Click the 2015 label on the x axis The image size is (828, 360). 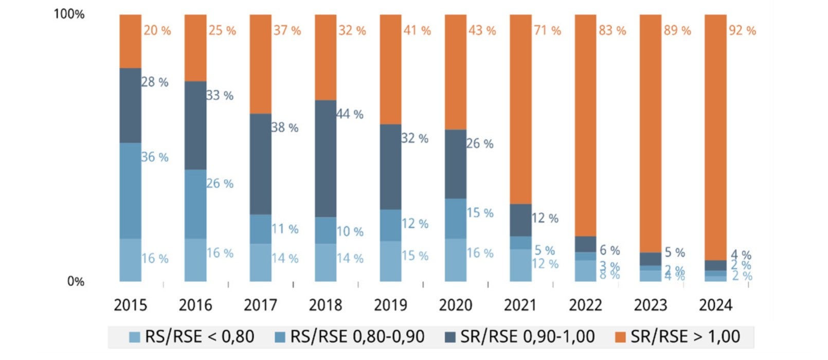(x=130, y=305)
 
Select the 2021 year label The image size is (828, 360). (x=520, y=305)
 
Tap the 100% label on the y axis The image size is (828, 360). (x=69, y=14)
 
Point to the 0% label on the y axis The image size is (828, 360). (x=76, y=281)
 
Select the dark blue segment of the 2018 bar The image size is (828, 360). (x=326, y=158)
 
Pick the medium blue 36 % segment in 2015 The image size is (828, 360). (x=130, y=190)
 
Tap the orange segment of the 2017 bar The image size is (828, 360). (x=260, y=64)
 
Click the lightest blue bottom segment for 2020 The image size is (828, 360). (x=456, y=260)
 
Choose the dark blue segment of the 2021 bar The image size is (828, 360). (x=520, y=220)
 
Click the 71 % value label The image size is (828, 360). (x=547, y=31)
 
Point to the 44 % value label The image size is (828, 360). (x=350, y=114)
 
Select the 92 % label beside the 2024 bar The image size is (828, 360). (x=742, y=31)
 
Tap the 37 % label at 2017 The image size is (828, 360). (x=287, y=31)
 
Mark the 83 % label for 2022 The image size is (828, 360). (x=612, y=31)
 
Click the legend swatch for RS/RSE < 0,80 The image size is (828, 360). (x=135, y=337)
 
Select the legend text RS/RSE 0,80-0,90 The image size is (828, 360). (x=357, y=337)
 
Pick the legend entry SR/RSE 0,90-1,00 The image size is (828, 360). (x=520, y=337)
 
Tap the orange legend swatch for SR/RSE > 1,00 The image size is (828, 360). (x=621, y=337)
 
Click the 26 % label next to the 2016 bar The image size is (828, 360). (x=220, y=184)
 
